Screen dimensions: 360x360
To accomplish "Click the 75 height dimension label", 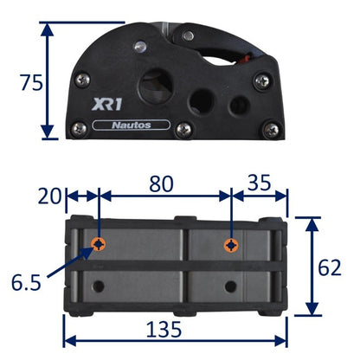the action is click(31, 82).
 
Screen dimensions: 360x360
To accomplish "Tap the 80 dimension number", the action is click(161, 183).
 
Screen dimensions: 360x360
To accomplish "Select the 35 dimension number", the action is click(260, 183).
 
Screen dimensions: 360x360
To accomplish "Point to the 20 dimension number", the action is click(49, 196).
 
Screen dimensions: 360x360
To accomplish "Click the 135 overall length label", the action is click(164, 330).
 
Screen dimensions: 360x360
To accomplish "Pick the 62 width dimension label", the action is click(330, 267).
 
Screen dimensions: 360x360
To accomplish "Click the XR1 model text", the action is click(106, 104).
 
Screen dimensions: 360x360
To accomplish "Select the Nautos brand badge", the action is click(132, 125).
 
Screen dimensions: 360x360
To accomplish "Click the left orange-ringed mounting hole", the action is click(99, 245).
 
